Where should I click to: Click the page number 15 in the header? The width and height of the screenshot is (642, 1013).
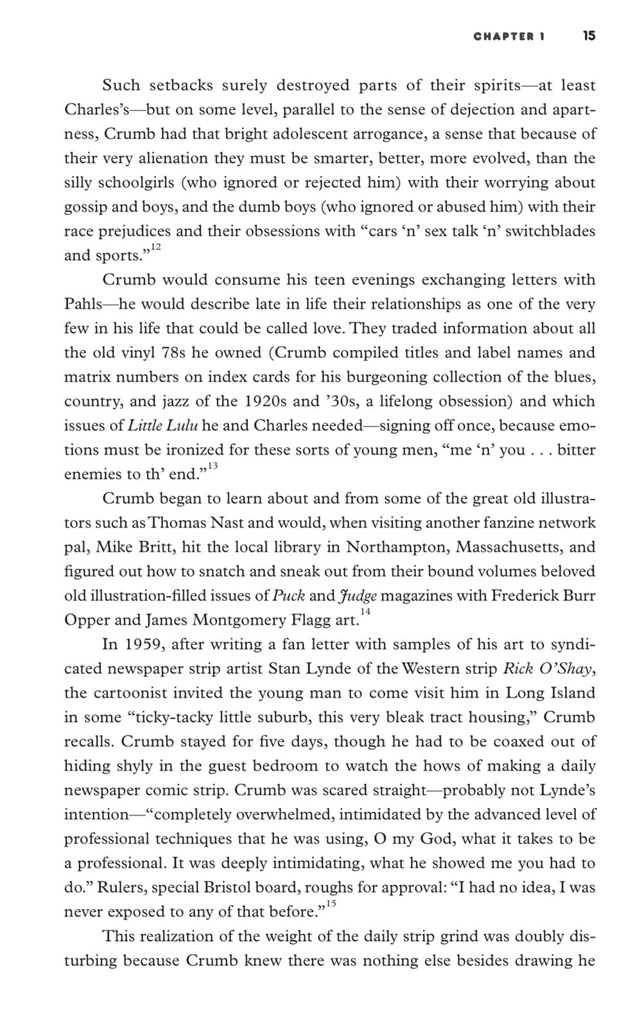(589, 36)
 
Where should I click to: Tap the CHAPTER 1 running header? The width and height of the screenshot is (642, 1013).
(509, 37)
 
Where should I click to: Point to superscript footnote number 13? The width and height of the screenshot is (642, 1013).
(213, 466)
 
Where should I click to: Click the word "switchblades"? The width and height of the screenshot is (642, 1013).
(550, 231)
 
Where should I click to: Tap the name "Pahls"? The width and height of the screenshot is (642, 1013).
(83, 304)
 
